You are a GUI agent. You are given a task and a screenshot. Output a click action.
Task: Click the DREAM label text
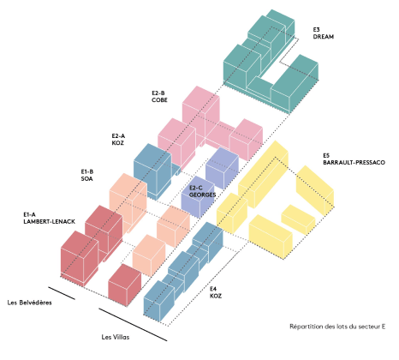(324, 37)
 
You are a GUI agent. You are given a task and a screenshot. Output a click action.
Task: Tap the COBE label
(159, 100)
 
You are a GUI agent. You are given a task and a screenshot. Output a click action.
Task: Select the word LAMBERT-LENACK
(50, 221)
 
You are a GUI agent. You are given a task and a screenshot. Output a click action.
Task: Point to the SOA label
(86, 178)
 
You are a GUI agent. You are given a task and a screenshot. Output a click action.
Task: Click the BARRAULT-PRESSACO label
(354, 162)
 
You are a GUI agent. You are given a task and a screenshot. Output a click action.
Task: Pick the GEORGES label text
(202, 195)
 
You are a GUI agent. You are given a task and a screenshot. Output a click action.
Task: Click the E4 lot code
(213, 289)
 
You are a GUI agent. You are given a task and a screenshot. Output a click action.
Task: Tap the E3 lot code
(317, 29)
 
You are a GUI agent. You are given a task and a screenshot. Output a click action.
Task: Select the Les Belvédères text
(30, 303)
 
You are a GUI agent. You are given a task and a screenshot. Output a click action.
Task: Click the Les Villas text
(116, 337)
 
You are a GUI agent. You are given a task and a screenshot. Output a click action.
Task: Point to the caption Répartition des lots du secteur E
(337, 327)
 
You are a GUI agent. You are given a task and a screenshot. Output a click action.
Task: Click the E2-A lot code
(118, 135)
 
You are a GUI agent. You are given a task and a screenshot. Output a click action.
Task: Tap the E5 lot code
(326, 155)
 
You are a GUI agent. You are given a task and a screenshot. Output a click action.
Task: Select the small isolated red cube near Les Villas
(125, 285)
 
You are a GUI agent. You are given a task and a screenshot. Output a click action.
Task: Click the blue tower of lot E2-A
(152, 171)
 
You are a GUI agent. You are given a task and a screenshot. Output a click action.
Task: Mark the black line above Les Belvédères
(62, 293)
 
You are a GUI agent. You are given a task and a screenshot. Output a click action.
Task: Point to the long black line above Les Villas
(133, 325)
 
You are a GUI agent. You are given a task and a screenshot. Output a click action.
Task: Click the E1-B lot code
(87, 171)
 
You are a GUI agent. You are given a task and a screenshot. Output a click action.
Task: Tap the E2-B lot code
(158, 93)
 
